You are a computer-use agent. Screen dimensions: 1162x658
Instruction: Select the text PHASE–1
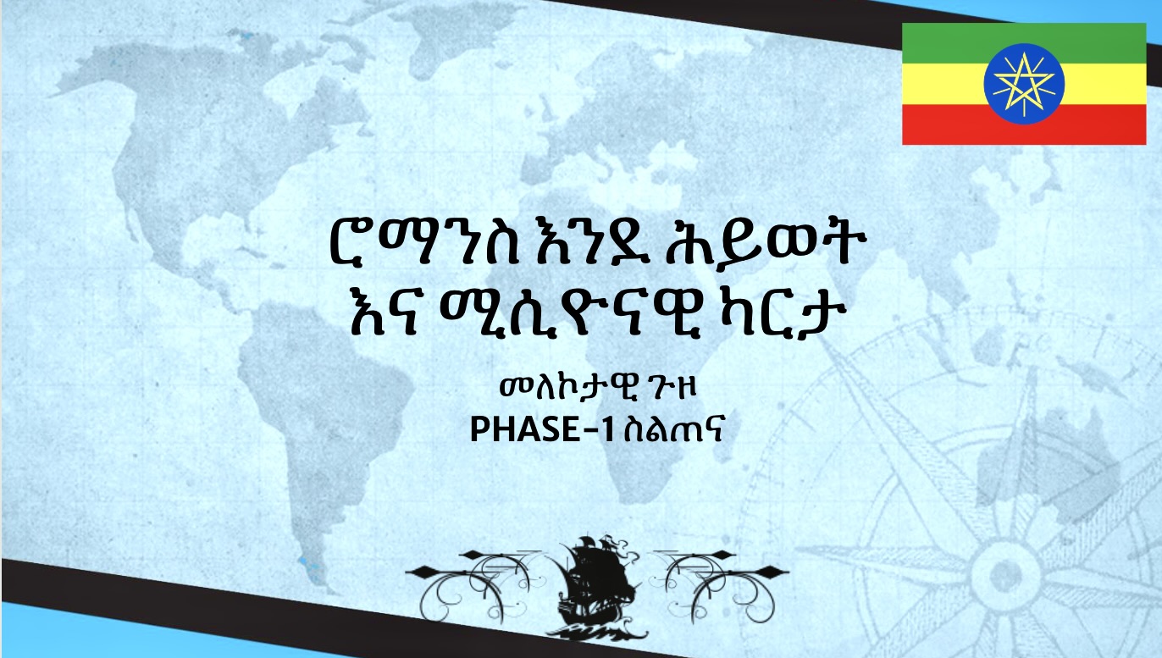click(x=542, y=430)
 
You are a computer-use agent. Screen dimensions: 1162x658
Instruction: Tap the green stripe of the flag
click(x=1024, y=43)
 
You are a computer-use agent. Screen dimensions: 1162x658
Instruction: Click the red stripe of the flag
click(x=1024, y=124)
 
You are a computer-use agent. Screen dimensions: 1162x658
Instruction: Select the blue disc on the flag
click(x=1024, y=84)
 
